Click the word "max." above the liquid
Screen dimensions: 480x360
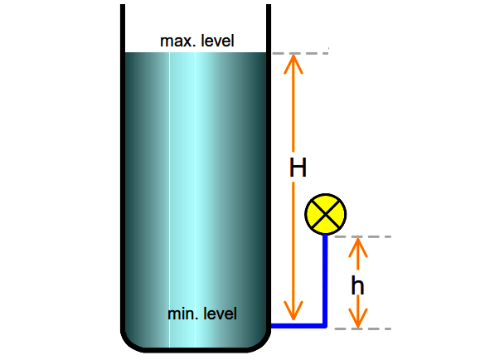pyautogui.click(x=176, y=41)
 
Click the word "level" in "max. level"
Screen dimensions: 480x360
pyautogui.click(x=218, y=41)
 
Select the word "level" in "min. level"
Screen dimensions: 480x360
pyautogui.click(x=221, y=314)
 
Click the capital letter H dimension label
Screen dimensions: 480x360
pyautogui.click(x=298, y=168)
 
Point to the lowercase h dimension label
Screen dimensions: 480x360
pyautogui.click(x=357, y=285)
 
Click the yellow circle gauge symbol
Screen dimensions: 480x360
pyautogui.click(x=326, y=214)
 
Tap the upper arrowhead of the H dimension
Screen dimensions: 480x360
pyautogui.click(x=293, y=64)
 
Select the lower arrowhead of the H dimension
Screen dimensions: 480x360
pyautogui.click(x=293, y=311)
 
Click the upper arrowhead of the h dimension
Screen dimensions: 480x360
pyautogui.click(x=358, y=247)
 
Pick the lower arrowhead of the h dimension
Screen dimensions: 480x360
pyautogui.click(x=358, y=318)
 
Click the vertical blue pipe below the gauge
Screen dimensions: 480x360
pyautogui.click(x=325, y=280)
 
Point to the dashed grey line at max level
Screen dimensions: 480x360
pyautogui.click(x=300, y=53)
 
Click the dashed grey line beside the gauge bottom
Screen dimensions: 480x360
pyautogui.click(x=363, y=236)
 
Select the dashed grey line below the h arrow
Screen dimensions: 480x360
pyautogui.click(x=363, y=328)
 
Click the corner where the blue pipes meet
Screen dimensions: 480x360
pyautogui.click(x=325, y=325)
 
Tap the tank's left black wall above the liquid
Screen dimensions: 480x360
pyautogui.click(x=123, y=28)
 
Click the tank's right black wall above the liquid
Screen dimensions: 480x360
pyautogui.click(x=269, y=28)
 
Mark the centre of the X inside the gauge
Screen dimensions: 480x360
pyautogui.click(x=326, y=214)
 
